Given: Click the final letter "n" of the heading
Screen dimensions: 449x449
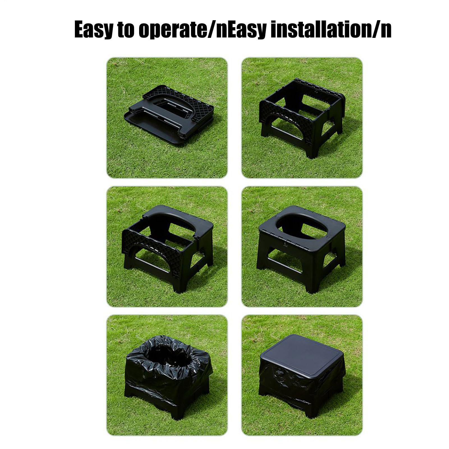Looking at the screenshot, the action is [x=386, y=30].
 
